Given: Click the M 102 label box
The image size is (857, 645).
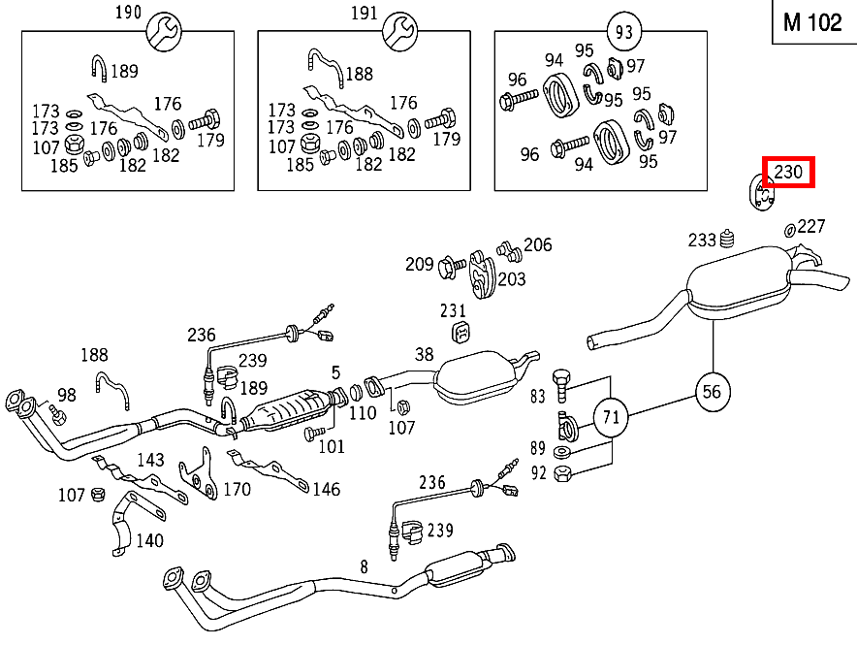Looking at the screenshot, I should click(x=812, y=23).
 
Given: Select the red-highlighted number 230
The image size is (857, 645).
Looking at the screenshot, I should click(x=787, y=173).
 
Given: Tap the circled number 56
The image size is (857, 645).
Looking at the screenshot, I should click(x=713, y=391).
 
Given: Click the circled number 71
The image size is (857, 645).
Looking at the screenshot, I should click(x=611, y=418).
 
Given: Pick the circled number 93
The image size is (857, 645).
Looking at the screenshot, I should click(x=623, y=32).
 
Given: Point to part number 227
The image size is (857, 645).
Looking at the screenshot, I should click(x=811, y=227).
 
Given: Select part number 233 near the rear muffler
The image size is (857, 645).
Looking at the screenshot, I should click(x=702, y=241).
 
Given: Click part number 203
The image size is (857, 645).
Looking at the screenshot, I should click(x=512, y=279).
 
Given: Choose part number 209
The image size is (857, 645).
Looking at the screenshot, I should click(x=420, y=263).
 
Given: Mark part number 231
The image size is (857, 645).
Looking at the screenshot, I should click(x=453, y=311).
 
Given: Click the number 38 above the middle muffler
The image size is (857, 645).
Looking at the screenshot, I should click(x=425, y=355).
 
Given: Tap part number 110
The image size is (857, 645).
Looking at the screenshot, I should click(x=363, y=413).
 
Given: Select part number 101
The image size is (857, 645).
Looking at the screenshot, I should click(x=332, y=446).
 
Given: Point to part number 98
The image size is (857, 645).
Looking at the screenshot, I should click(x=67, y=395).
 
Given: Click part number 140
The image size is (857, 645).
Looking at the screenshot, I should click(x=149, y=540).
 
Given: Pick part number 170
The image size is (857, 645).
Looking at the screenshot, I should click(x=237, y=489).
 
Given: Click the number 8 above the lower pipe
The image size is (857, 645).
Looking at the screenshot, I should click(x=364, y=565).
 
